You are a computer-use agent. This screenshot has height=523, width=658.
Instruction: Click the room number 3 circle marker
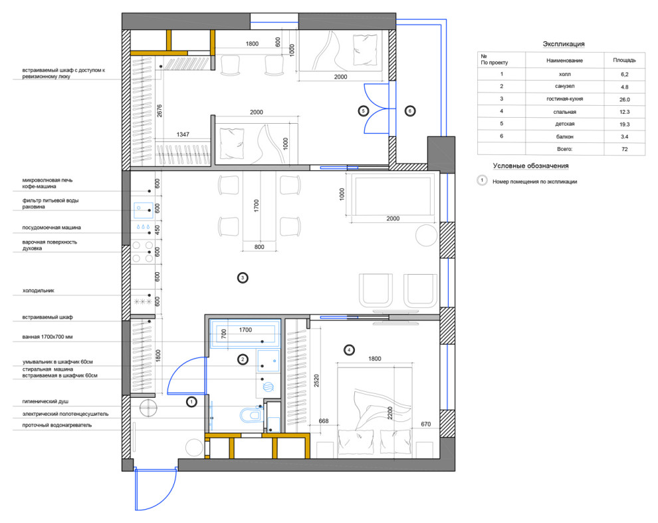click(x=243, y=277)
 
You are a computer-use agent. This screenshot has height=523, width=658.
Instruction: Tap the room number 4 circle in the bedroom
click(x=349, y=349)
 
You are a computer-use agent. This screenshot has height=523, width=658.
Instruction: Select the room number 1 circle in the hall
click(x=191, y=402)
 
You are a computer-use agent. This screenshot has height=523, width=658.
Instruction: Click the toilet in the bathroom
click(x=251, y=415)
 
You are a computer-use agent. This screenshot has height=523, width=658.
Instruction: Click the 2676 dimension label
click(x=160, y=110)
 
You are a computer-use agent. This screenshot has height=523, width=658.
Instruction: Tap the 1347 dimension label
click(x=183, y=134)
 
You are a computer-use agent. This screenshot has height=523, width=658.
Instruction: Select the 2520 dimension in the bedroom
click(x=316, y=381)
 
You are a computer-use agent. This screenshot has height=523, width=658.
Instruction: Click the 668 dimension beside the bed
click(x=324, y=421)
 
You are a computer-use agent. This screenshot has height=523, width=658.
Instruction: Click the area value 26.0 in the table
click(x=624, y=100)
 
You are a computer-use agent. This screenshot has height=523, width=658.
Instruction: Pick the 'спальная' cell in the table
click(x=565, y=112)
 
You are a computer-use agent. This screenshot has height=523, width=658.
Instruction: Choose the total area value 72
click(x=624, y=149)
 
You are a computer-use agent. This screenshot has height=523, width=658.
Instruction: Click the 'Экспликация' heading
click(x=564, y=44)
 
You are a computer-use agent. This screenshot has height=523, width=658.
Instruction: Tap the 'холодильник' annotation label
click(x=38, y=290)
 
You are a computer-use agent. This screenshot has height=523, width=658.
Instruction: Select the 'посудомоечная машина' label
click(x=52, y=228)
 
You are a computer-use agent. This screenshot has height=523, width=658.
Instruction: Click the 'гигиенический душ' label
click(x=45, y=401)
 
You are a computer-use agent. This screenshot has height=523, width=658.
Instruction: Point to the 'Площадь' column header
click(x=624, y=60)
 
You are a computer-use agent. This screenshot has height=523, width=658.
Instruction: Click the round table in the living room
click(x=426, y=236)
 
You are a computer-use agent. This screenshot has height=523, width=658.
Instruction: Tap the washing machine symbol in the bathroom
click(x=268, y=386)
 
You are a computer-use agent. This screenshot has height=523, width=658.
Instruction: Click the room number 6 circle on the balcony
click(x=410, y=111)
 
